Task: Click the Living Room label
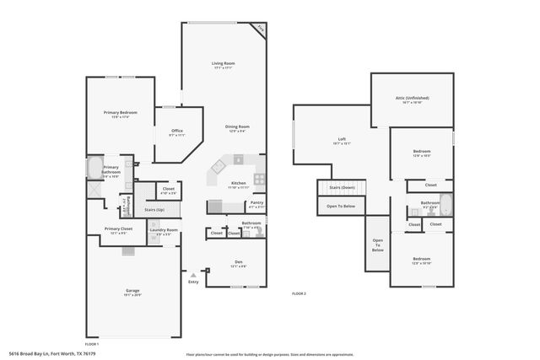(x=223, y=63)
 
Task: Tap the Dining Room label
(x=236, y=126)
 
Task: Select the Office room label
(x=177, y=131)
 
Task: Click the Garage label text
(x=133, y=291)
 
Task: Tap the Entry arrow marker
(x=194, y=274)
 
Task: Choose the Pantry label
(x=256, y=202)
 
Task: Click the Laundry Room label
(x=164, y=230)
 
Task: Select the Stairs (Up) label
(x=153, y=209)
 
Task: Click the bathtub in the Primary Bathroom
(x=94, y=167)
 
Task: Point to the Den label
(x=238, y=262)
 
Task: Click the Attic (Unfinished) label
(x=415, y=98)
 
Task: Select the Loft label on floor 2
(x=342, y=139)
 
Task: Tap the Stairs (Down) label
(x=342, y=187)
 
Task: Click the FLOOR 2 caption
(x=299, y=293)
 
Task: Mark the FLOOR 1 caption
(x=92, y=343)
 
